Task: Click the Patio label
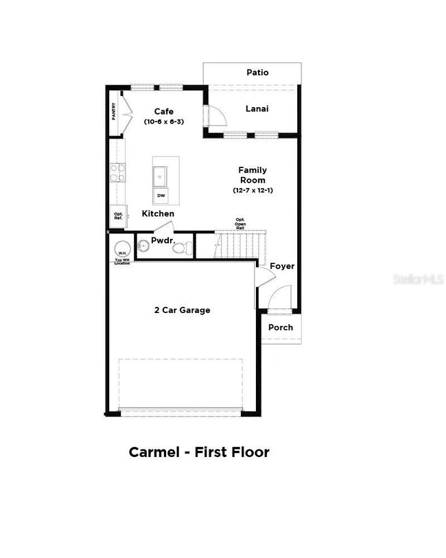(x=257, y=72)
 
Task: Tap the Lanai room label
(x=257, y=108)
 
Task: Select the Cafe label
(x=163, y=111)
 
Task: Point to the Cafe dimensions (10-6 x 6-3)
(x=163, y=121)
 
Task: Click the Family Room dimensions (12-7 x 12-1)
(x=253, y=190)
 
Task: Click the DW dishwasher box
(x=161, y=196)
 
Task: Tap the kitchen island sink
(x=161, y=176)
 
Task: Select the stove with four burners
(x=118, y=172)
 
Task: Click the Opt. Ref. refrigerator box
(x=117, y=216)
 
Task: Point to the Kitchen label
(x=158, y=214)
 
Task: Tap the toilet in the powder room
(x=183, y=248)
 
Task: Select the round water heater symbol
(x=122, y=250)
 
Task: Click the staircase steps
(x=241, y=244)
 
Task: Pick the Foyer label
(x=282, y=266)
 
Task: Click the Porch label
(x=281, y=327)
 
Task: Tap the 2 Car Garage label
(x=182, y=310)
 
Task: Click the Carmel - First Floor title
(x=199, y=452)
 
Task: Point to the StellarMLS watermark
(x=416, y=280)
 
